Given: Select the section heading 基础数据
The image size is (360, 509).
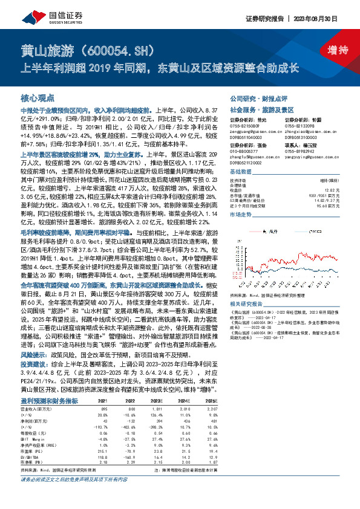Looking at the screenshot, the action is tap(240, 172).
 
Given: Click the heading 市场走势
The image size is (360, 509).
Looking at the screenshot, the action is tap(240, 215).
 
